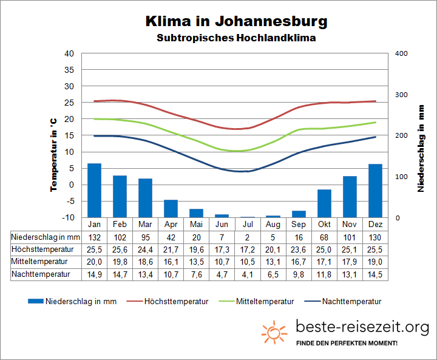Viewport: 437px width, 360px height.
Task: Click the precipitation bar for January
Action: click(x=94, y=190)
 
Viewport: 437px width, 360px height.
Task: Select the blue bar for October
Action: click(x=324, y=203)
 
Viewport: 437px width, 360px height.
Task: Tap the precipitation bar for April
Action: click(x=171, y=208)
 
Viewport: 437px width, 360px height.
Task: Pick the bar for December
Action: click(x=375, y=191)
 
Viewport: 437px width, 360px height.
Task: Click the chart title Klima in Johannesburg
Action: click(x=236, y=21)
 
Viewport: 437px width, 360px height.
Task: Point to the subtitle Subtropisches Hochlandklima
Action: click(x=236, y=38)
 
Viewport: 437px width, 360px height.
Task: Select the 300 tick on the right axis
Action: click(x=401, y=95)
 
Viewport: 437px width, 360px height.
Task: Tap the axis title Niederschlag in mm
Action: click(x=421, y=148)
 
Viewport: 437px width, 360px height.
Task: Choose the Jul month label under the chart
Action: click(x=248, y=224)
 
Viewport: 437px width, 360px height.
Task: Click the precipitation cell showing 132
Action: click(x=94, y=237)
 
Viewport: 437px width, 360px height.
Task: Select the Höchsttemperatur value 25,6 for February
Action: click(x=120, y=250)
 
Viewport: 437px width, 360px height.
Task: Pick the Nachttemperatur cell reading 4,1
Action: click(x=248, y=274)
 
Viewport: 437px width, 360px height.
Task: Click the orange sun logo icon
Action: click(x=274, y=333)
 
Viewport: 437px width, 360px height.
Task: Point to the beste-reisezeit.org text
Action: click(x=362, y=328)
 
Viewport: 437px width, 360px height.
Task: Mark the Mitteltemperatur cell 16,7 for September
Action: click(x=299, y=262)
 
